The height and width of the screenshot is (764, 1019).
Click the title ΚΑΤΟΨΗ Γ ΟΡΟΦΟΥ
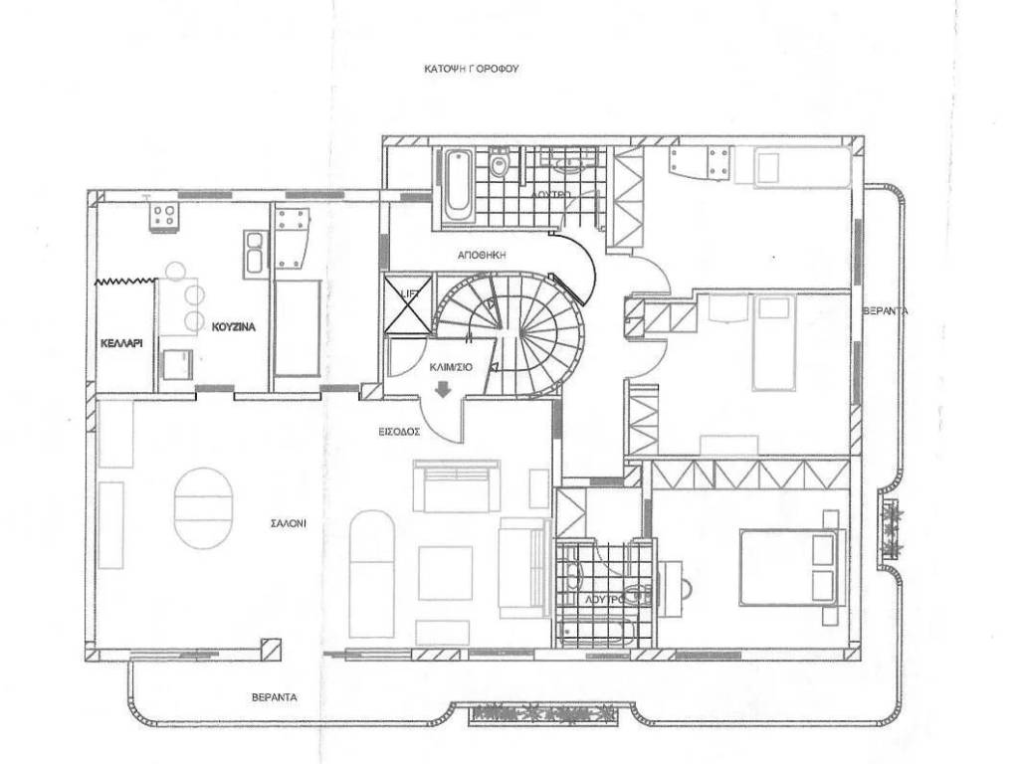pyautogui.click(x=471, y=68)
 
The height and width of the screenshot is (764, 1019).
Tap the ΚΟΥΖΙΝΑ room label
pyautogui.click(x=233, y=327)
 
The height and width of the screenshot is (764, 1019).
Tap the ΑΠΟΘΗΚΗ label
pyautogui.click(x=482, y=256)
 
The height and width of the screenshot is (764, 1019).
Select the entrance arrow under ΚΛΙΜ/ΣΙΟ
pyautogui.click(x=444, y=389)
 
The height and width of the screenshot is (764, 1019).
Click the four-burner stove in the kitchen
pyautogui.click(x=163, y=215)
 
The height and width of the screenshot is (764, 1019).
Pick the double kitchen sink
pyautogui.click(x=254, y=254)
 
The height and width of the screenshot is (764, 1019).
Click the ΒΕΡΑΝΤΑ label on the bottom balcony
pyautogui.click(x=275, y=697)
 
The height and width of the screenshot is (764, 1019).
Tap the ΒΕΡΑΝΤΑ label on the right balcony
pyautogui.click(x=885, y=311)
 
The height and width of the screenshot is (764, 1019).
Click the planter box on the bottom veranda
pyautogui.click(x=542, y=714)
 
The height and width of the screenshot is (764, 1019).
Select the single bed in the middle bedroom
pyautogui.click(x=773, y=342)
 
